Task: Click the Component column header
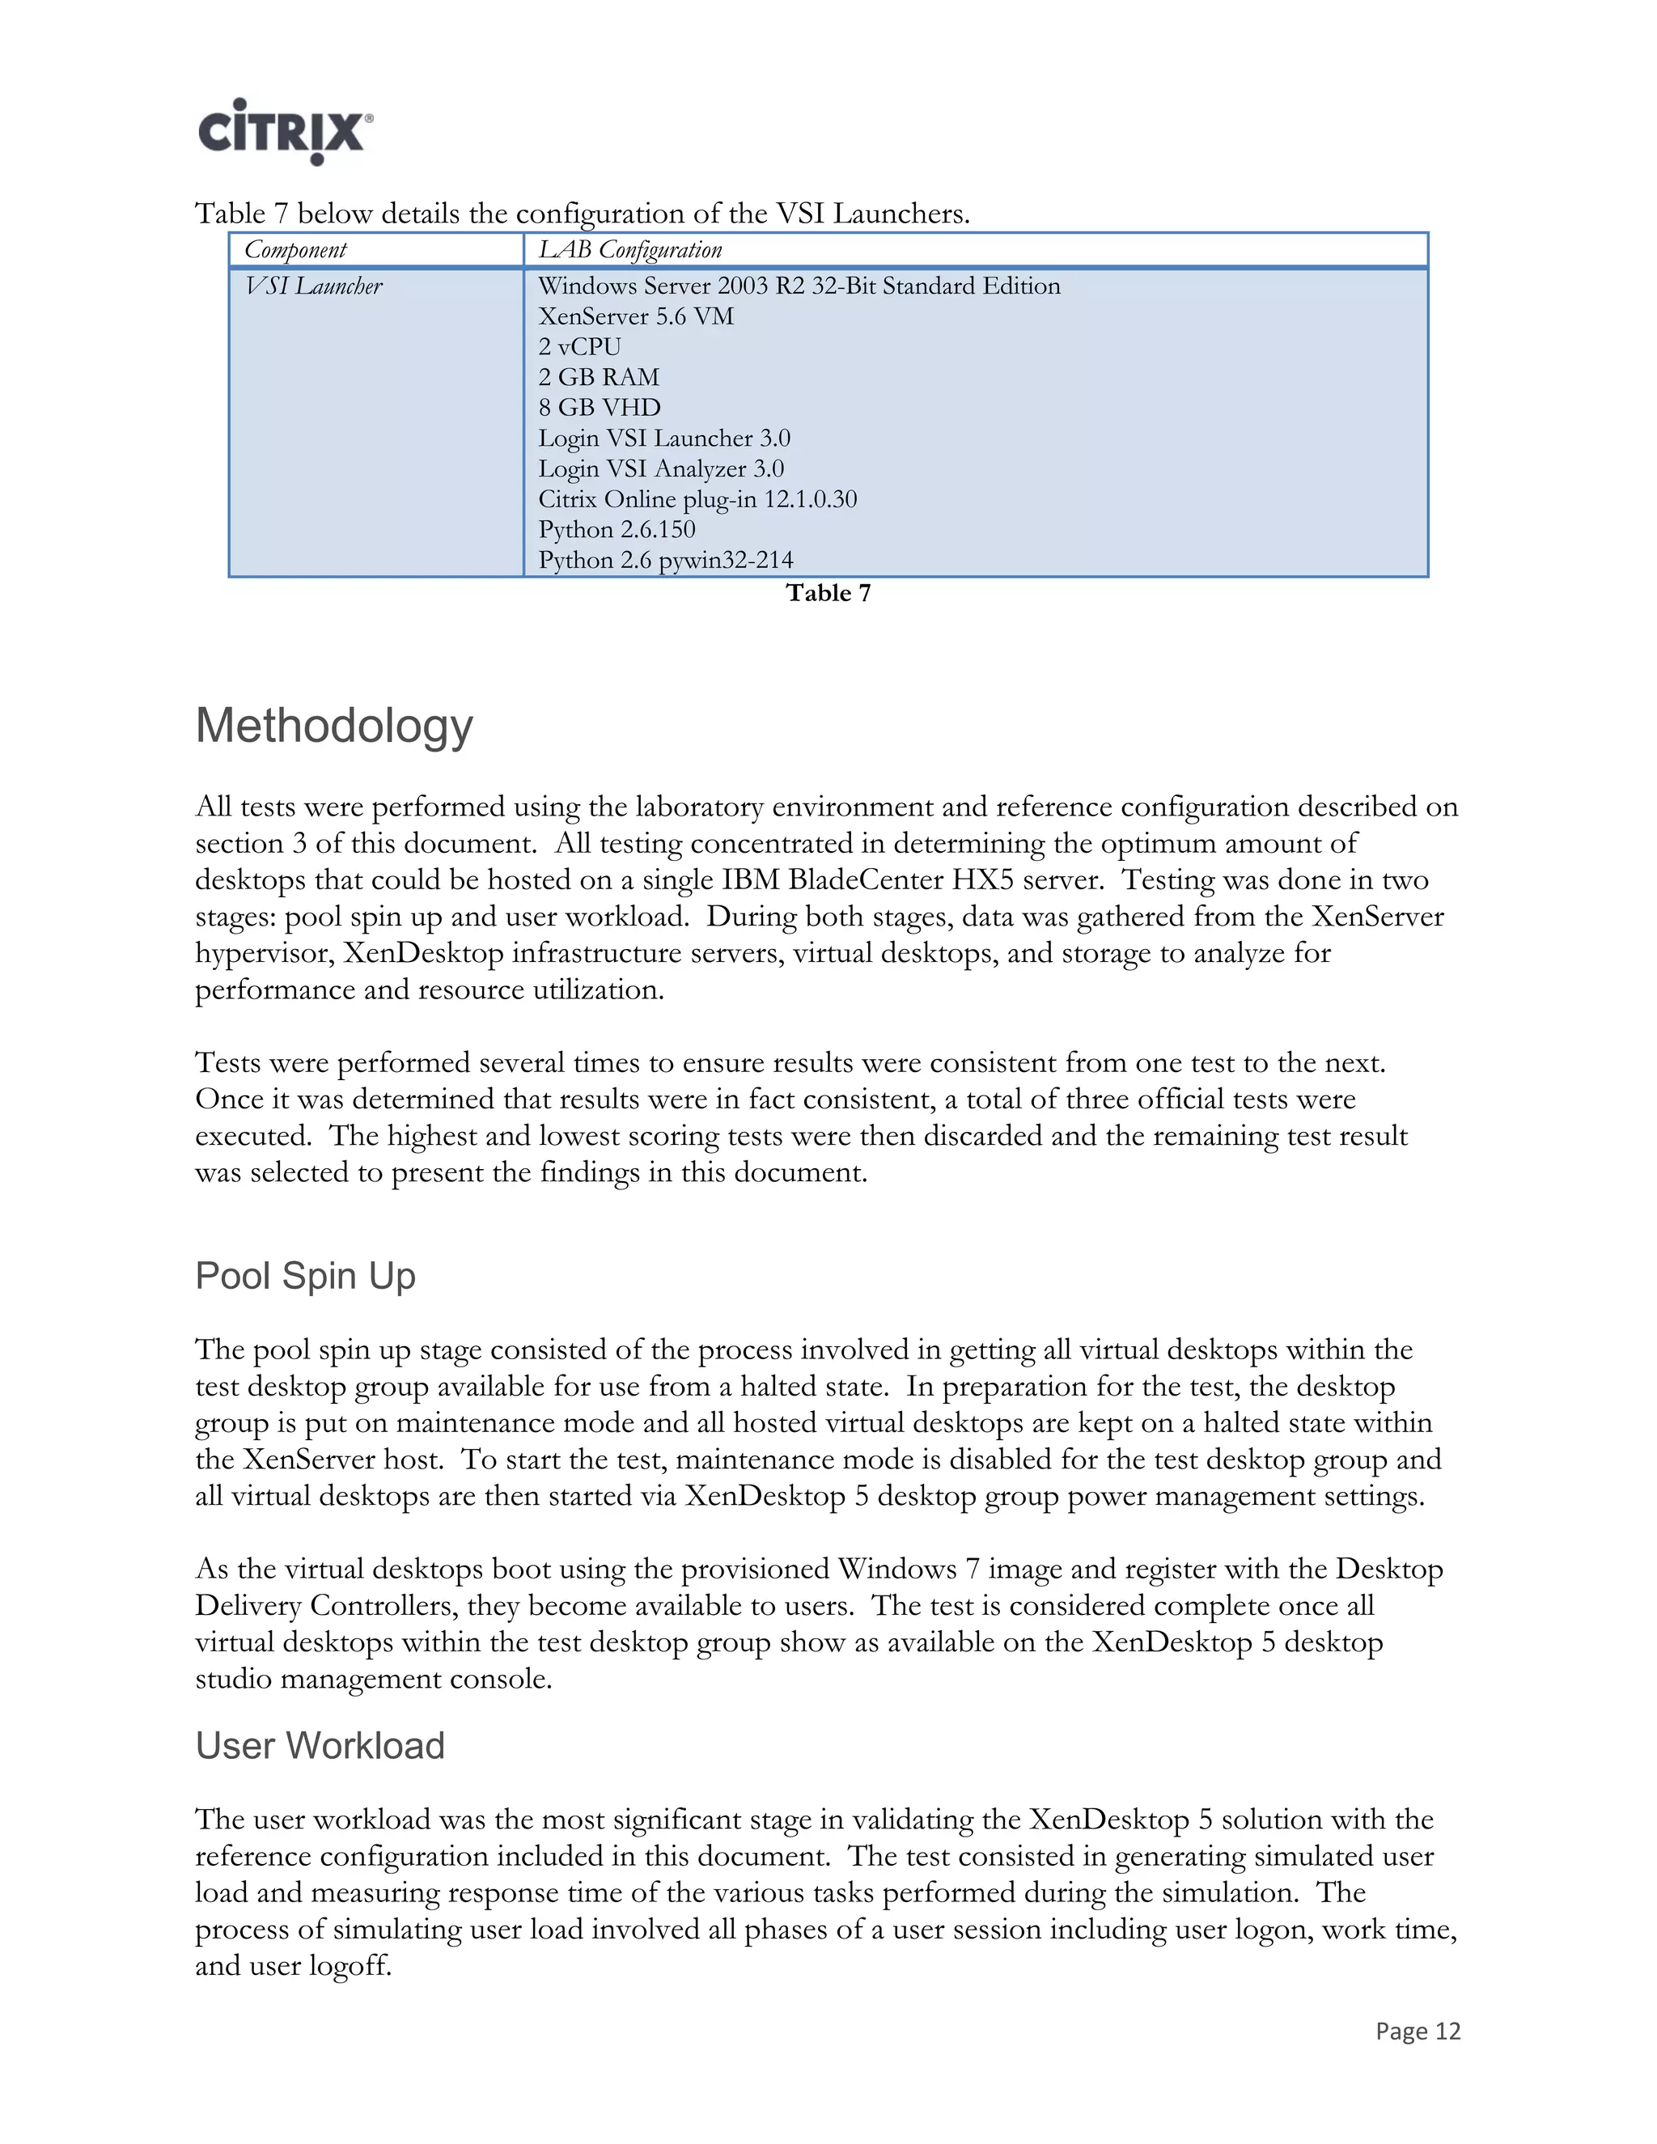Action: pyautogui.click(x=295, y=249)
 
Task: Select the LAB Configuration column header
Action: pyautogui.click(x=629, y=249)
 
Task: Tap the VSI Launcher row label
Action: pyautogui.click(x=313, y=286)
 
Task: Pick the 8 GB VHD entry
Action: pyautogui.click(x=599, y=408)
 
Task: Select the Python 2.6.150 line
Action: pyautogui.click(x=617, y=529)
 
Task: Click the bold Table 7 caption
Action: pyautogui.click(x=828, y=593)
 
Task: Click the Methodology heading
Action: pyautogui.click(x=334, y=727)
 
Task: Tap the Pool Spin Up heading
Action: pyautogui.click(x=305, y=1275)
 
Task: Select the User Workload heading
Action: pyautogui.click(x=320, y=1745)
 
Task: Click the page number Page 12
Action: pyautogui.click(x=1418, y=2030)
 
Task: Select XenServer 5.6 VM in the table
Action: pyautogui.click(x=635, y=316)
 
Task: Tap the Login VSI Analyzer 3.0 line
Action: pyautogui.click(x=661, y=468)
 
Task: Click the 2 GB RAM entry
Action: pyautogui.click(x=599, y=377)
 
